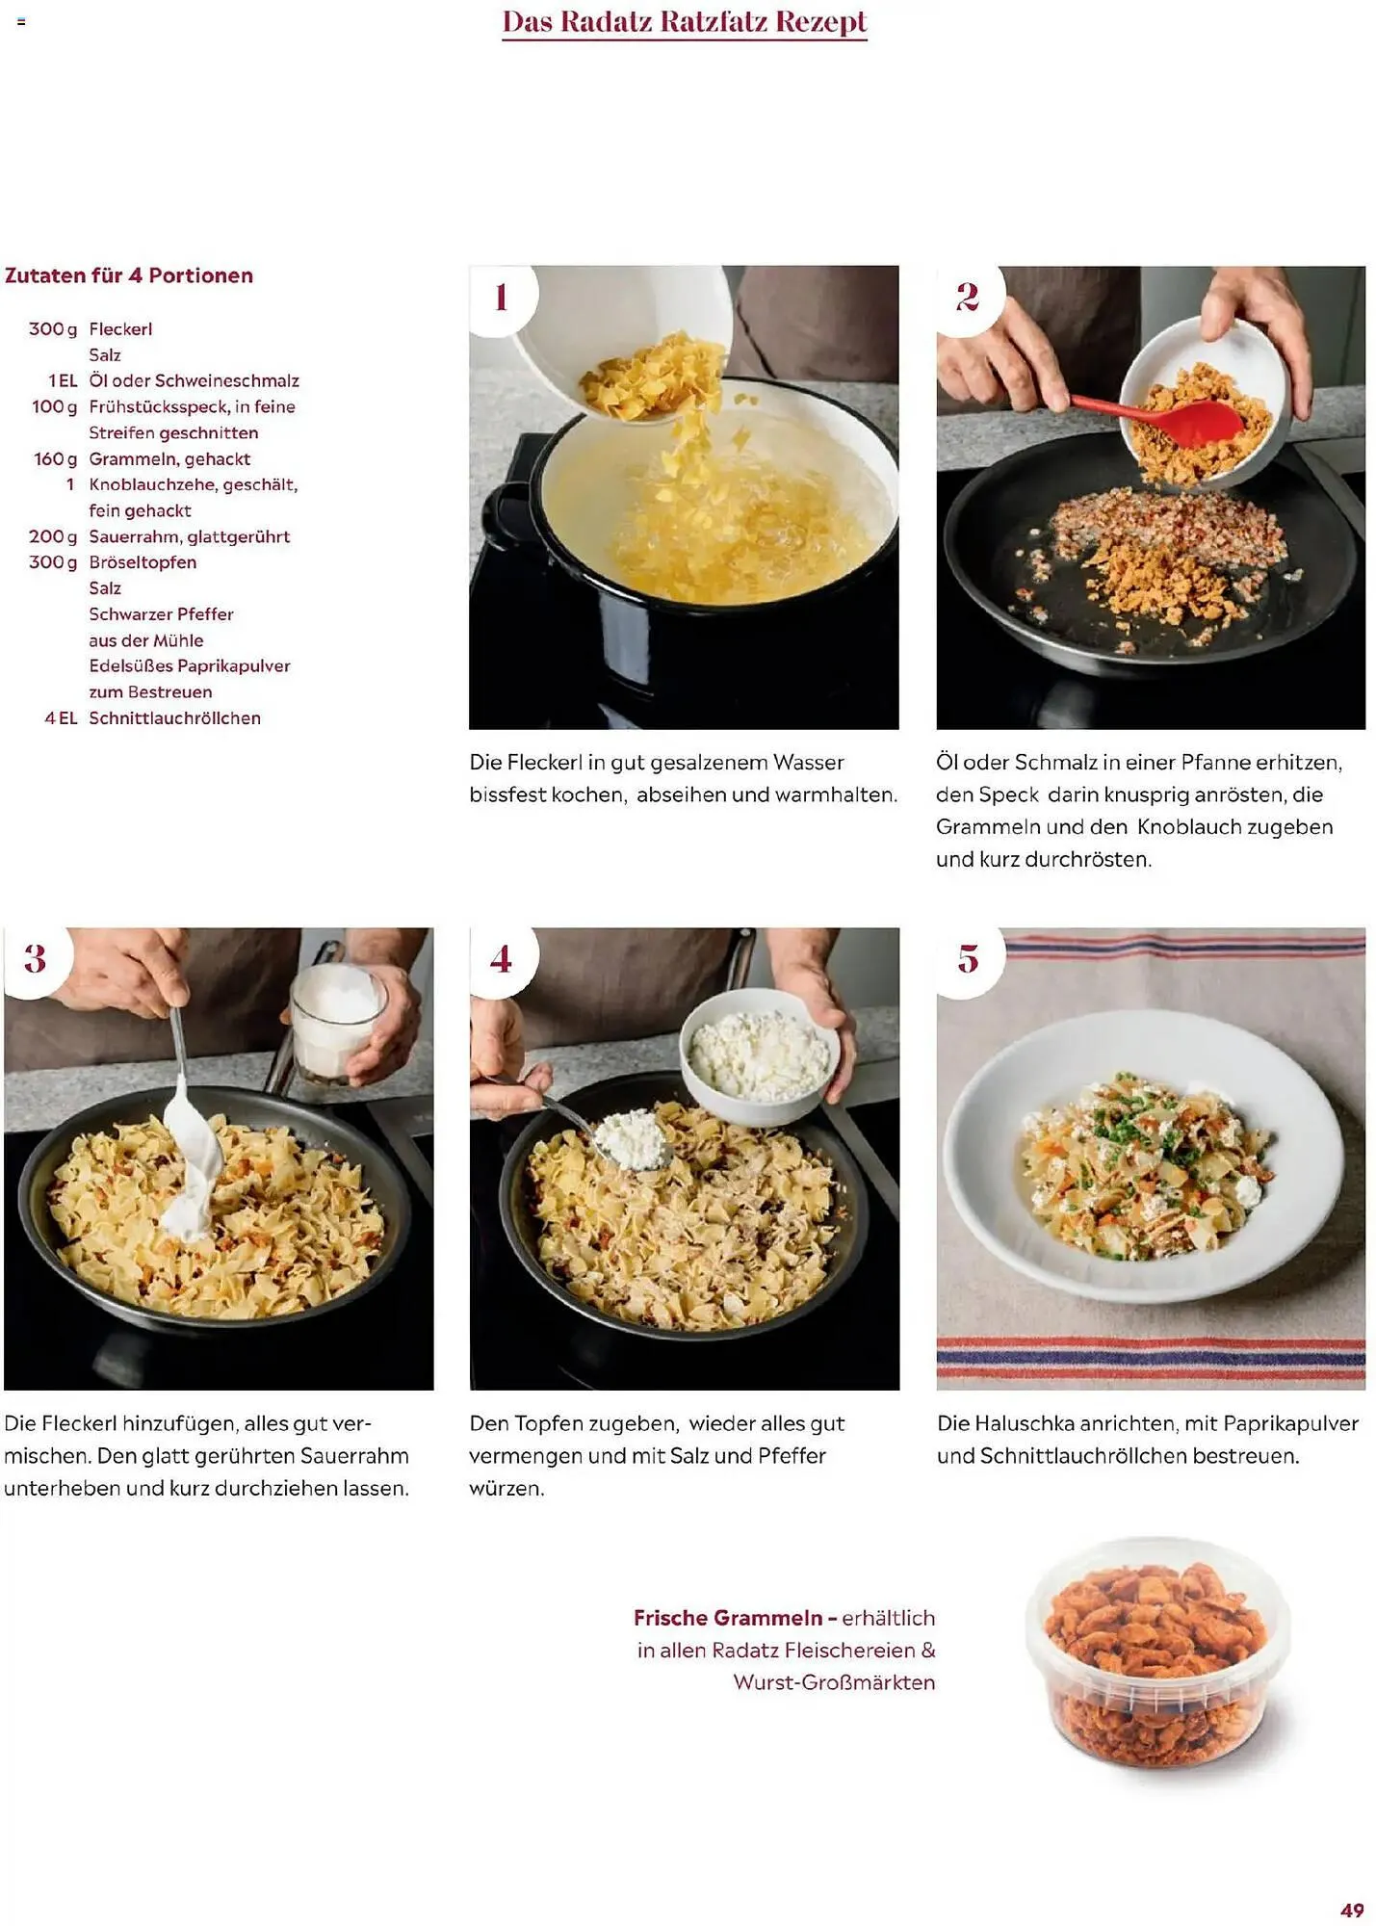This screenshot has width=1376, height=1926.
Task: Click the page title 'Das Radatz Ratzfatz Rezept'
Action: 685,21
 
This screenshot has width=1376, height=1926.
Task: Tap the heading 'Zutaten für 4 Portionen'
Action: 129,275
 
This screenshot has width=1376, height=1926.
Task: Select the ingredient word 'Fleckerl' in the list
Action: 120,329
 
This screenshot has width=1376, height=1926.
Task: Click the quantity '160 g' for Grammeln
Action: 55,459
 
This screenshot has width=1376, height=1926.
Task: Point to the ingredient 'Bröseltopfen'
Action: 143,562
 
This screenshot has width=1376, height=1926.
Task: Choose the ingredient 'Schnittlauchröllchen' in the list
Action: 174,718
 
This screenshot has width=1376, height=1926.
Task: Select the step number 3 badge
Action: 36,958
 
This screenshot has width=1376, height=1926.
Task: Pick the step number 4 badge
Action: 502,958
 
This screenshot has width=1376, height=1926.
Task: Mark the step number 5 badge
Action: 968,958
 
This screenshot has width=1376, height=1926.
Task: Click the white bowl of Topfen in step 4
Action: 759,1057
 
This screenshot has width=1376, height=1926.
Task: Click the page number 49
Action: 1352,1911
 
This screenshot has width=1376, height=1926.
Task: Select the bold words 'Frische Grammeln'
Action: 728,1618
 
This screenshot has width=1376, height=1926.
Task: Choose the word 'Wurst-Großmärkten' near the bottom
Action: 834,1682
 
